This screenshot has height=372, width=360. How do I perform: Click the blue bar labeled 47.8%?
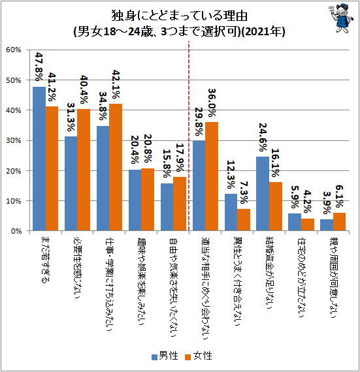pos(39,159)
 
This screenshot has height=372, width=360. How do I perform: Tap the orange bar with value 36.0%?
pos(212,176)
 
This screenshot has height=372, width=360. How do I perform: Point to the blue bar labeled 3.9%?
pos(327,225)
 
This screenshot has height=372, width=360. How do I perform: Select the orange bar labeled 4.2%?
pos(307,225)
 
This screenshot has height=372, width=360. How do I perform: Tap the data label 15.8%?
pos(167,166)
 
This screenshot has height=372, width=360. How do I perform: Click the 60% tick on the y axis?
pos(14,50)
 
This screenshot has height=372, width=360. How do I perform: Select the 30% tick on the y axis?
pos(14,140)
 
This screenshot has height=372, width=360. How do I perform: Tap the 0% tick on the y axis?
pos(16,231)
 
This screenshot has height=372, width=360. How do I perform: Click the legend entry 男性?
pos(160,356)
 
